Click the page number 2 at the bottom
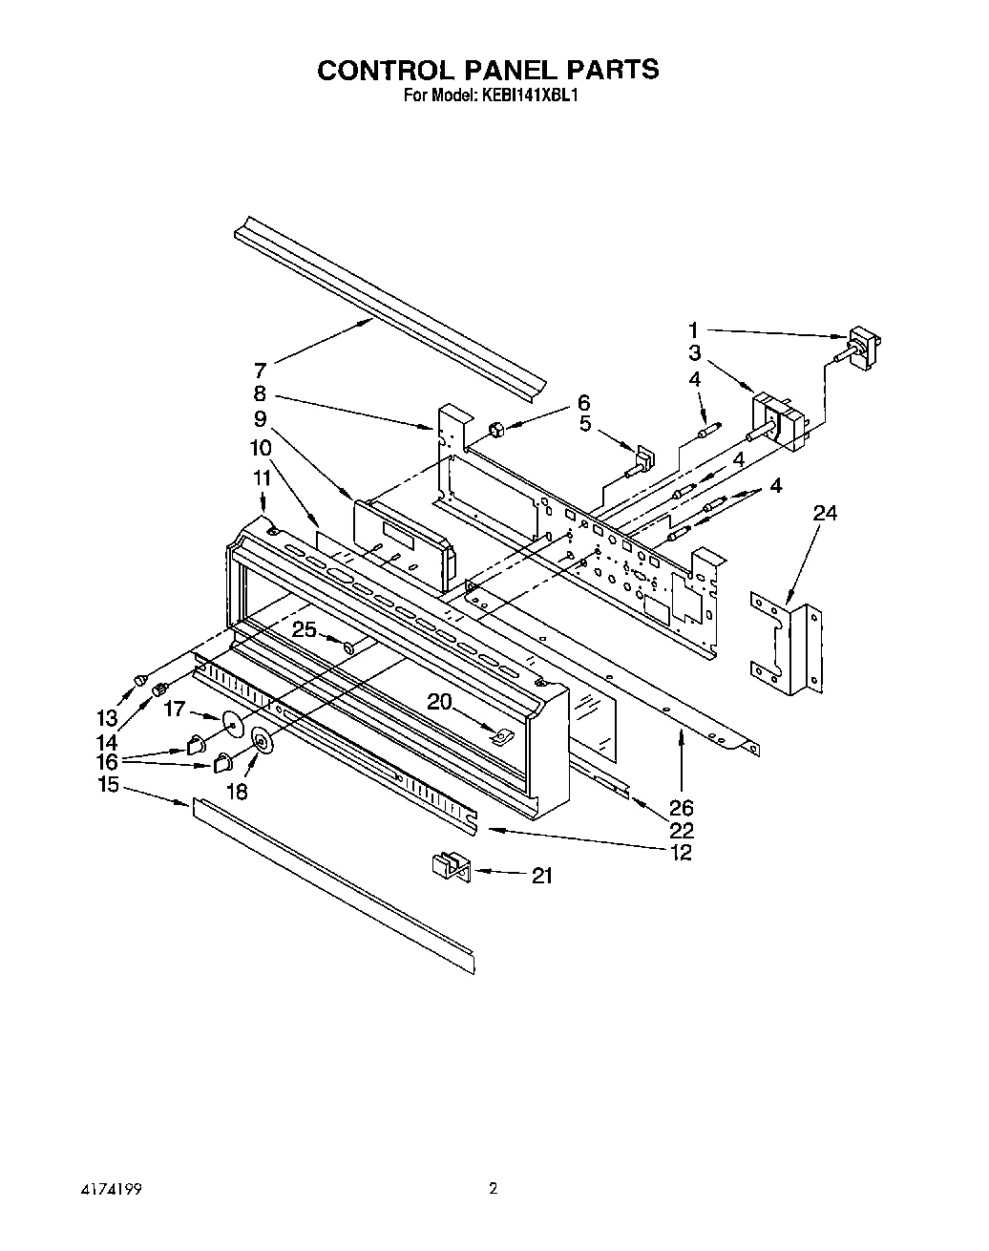tap(493, 1190)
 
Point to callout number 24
tap(825, 514)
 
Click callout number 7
tap(260, 370)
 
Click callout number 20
tap(439, 702)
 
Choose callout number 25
tap(304, 629)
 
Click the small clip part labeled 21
tap(447, 867)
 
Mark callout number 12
tap(681, 853)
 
